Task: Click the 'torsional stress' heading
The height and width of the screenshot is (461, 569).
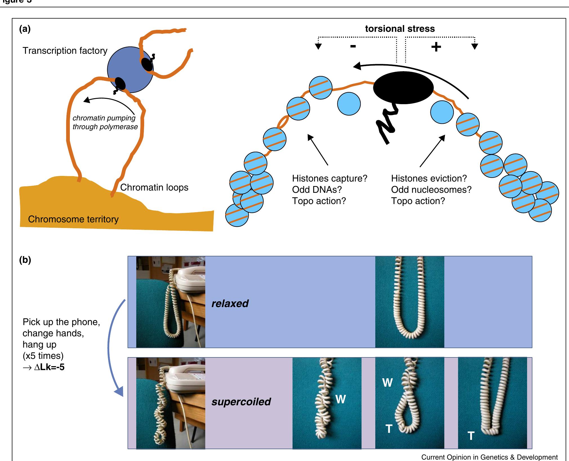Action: pyautogui.click(x=400, y=29)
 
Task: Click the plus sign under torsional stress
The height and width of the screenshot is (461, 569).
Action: pyautogui.click(x=436, y=47)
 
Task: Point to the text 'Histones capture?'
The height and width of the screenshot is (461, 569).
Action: pyautogui.click(x=330, y=178)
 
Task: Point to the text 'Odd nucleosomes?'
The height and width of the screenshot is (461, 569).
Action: pyautogui.click(x=431, y=190)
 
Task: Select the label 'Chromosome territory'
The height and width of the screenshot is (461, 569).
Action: pyautogui.click(x=73, y=219)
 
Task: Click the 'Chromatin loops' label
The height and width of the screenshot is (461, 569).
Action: pyautogui.click(x=154, y=187)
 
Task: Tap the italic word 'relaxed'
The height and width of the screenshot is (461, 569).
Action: pyautogui.click(x=230, y=304)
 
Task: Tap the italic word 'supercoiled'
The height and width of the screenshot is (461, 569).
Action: pyautogui.click(x=241, y=402)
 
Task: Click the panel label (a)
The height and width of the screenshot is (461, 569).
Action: pyautogui.click(x=25, y=29)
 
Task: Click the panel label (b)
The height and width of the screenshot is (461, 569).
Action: pyautogui.click(x=25, y=260)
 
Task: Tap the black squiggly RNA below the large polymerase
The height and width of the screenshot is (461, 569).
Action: pyautogui.click(x=387, y=124)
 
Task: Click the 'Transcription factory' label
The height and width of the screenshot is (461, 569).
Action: pyautogui.click(x=65, y=51)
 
